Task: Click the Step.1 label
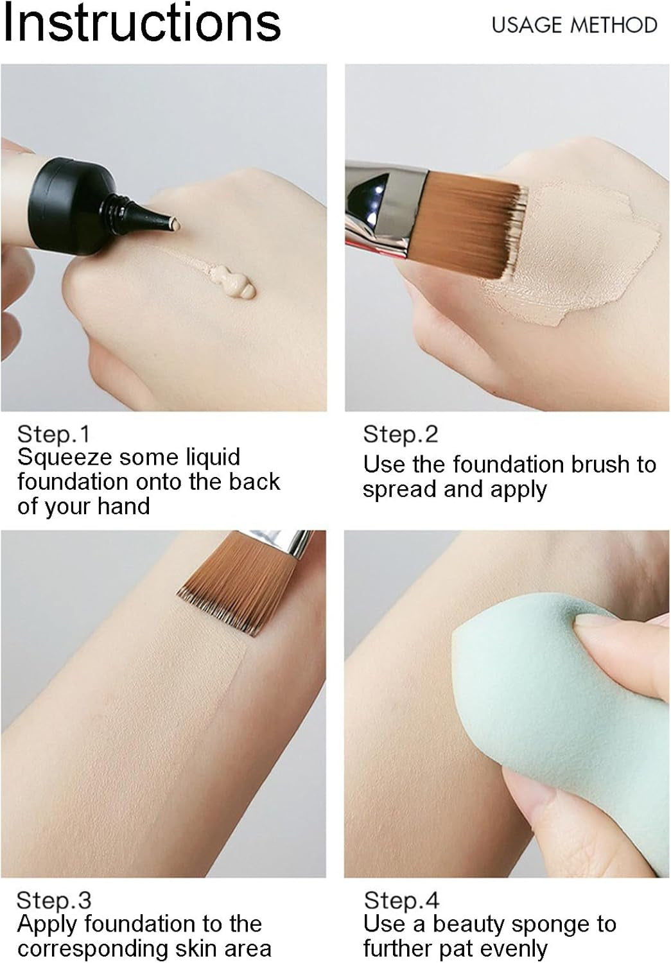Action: [54, 434]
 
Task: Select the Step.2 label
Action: [400, 434]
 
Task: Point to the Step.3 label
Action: [54, 900]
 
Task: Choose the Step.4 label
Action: [401, 900]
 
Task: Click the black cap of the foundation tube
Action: [71, 206]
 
